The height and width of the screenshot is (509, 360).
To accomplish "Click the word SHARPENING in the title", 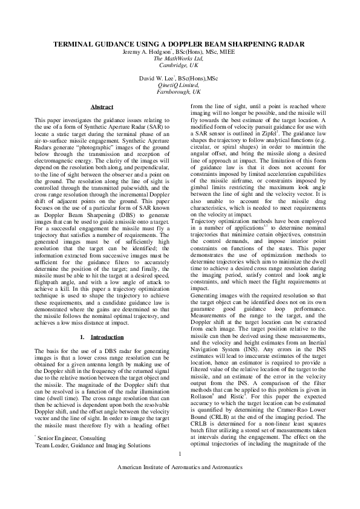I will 230,45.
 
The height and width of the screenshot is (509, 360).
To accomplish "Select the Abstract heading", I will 102,107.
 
